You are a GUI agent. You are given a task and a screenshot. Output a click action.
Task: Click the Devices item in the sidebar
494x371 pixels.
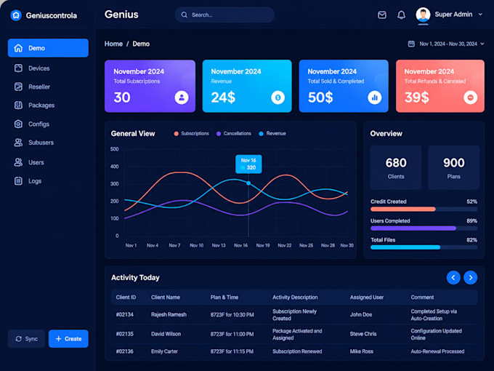pos(32,68)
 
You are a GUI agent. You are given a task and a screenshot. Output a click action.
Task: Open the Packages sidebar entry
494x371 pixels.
pos(34,105)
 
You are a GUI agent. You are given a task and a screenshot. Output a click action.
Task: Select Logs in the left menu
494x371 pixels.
pos(28,180)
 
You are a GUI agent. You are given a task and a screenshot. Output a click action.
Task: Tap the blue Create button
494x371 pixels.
pos(68,338)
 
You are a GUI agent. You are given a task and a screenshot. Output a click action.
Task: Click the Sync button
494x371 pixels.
pos(26,338)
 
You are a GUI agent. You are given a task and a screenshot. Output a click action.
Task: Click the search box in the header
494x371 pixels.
pos(224,15)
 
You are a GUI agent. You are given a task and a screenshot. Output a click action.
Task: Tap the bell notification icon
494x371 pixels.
pos(401,15)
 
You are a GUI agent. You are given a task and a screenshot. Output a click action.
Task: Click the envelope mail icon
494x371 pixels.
pos(382,15)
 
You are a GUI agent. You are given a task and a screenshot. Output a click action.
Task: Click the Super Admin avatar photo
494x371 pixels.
pos(423,15)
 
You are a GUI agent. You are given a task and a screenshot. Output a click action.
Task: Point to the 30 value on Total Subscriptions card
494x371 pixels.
pos(122,97)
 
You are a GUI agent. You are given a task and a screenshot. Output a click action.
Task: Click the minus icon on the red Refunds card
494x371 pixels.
pos(470,97)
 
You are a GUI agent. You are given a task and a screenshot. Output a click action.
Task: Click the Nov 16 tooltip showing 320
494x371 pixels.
pos(248,164)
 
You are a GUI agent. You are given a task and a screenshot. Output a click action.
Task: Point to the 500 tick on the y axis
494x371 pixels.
pos(114,149)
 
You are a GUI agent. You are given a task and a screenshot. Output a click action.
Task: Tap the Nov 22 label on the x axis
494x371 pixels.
pos(285,245)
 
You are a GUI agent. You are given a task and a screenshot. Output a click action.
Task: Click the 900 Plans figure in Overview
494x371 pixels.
pos(453,167)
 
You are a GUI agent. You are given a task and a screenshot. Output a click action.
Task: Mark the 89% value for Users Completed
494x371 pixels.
pos(471,221)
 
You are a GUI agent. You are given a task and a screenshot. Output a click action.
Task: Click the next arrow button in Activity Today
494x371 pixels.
pos(470,278)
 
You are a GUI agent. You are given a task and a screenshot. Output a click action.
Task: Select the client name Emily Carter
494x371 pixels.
pos(164,351)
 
